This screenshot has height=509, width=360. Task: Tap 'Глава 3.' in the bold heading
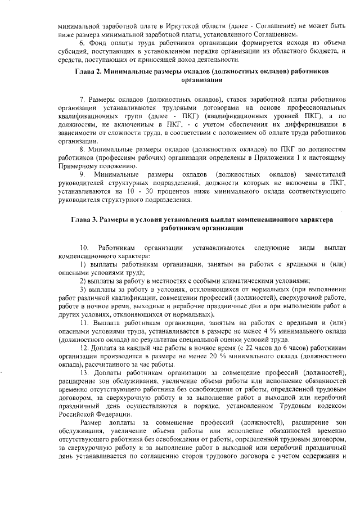point(84,220)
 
